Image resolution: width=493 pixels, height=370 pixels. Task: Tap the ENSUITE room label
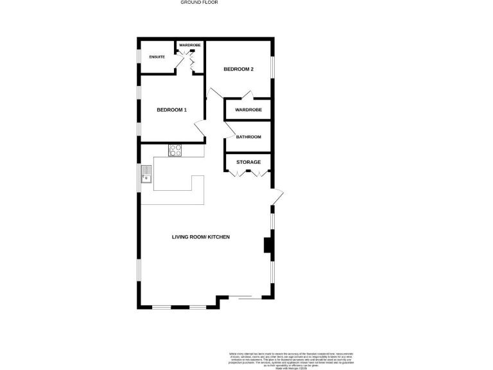pos(157,57)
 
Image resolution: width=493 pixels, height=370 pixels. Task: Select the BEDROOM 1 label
pos(171,110)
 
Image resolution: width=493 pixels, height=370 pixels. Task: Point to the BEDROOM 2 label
pos(238,69)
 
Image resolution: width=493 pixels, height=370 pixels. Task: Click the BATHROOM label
pos(248,137)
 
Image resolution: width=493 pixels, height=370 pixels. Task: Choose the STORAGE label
pos(248,162)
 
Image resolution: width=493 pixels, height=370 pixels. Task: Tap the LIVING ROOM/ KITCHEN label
pos(200,237)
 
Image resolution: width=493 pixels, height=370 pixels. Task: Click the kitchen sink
pos(147,173)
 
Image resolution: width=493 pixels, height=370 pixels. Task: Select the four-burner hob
pos(175,151)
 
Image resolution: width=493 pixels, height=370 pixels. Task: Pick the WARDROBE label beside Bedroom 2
pos(248,110)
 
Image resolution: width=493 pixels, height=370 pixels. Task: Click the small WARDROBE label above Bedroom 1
pos(189,45)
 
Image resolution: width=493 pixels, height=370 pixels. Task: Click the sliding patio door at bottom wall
pos(246,297)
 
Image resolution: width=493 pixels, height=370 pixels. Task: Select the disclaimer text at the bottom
pos(291,359)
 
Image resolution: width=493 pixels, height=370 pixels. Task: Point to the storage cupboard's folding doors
pos(248,174)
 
